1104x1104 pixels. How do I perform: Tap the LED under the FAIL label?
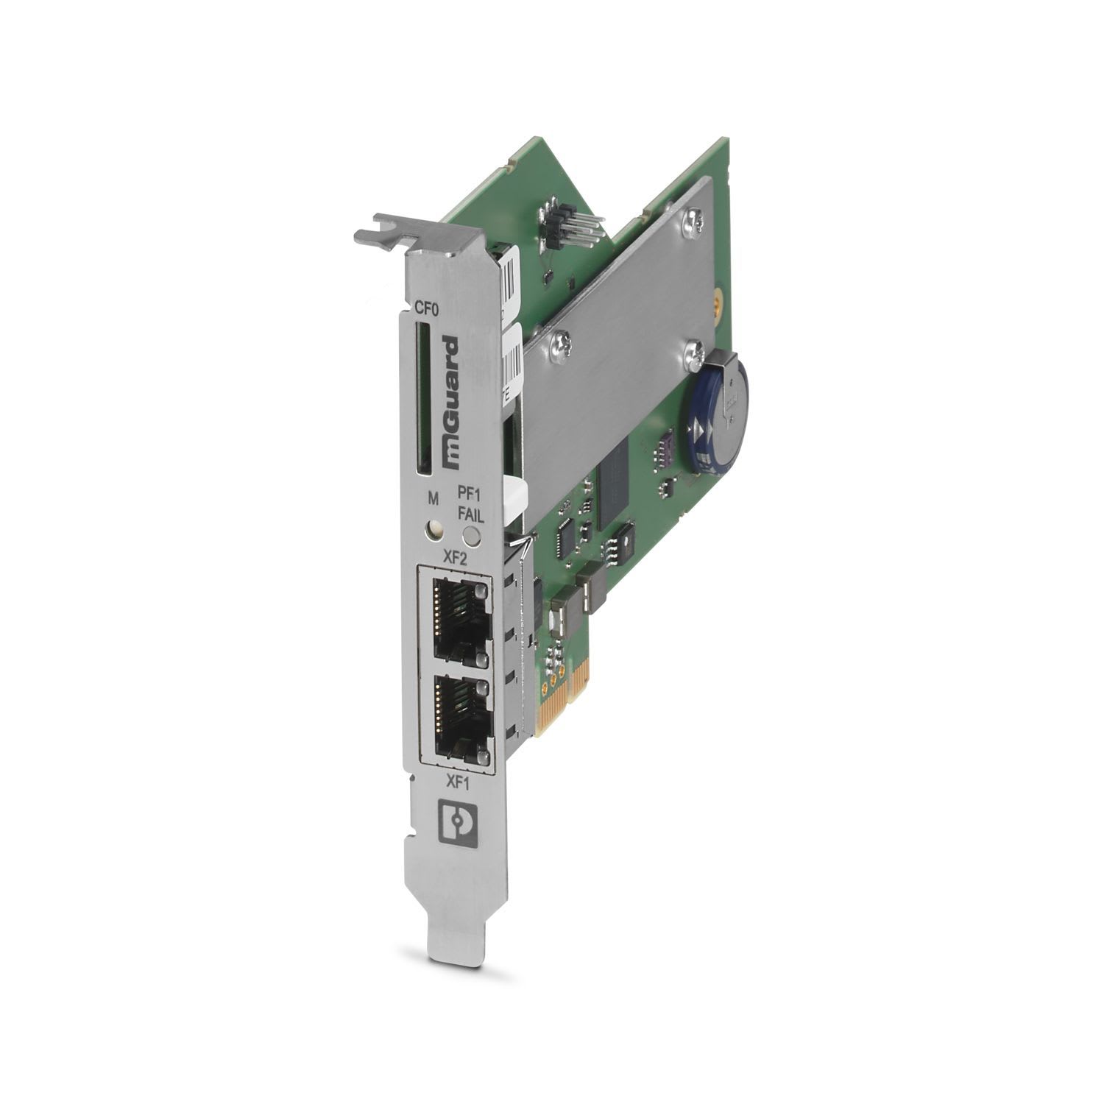tap(471, 537)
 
